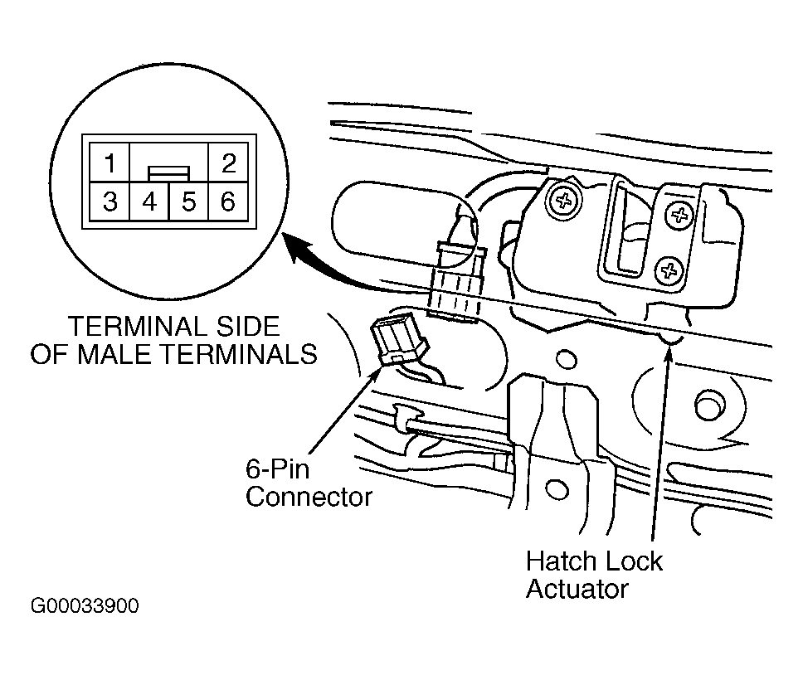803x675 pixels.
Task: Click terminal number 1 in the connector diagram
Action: pyautogui.click(x=109, y=163)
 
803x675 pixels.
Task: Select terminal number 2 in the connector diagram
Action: pyautogui.click(x=228, y=163)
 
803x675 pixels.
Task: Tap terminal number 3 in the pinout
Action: pyautogui.click(x=109, y=202)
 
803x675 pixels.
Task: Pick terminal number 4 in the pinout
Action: pyautogui.click(x=149, y=202)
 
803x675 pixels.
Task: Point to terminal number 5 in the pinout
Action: pyautogui.click(x=188, y=202)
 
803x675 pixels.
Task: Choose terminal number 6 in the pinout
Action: pyautogui.click(x=228, y=202)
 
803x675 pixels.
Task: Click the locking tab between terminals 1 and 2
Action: pyautogui.click(x=169, y=173)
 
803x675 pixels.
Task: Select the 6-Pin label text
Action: pyautogui.click(x=278, y=469)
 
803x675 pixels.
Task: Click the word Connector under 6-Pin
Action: pyautogui.click(x=309, y=497)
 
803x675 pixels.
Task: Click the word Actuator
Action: pyautogui.click(x=577, y=589)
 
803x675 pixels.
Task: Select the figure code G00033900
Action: pyautogui.click(x=85, y=606)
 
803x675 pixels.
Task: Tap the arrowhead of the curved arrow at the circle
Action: pyautogui.click(x=299, y=246)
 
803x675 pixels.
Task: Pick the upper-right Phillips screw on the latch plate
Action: pyautogui.click(x=680, y=215)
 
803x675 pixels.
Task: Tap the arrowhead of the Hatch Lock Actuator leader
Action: pyautogui.click(x=668, y=353)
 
